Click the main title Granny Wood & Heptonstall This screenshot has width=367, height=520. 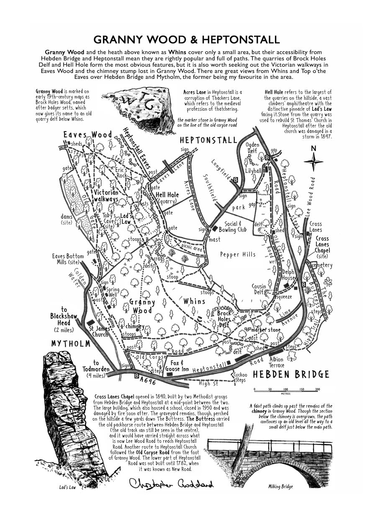186,40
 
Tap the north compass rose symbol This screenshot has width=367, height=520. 313,161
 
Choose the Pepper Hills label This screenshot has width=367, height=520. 238,254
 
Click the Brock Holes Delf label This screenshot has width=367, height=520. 224,319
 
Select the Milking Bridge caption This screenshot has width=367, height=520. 280,486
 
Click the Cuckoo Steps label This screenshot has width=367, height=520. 241,377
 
